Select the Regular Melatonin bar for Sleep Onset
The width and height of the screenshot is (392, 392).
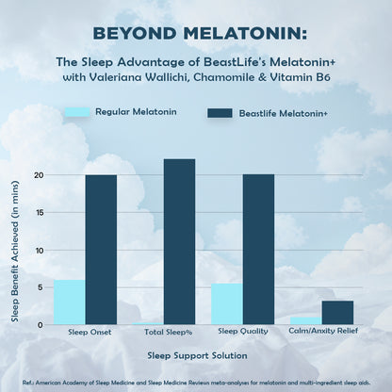pos(69,302)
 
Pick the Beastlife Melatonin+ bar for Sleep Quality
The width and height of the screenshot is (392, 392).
pos(258,250)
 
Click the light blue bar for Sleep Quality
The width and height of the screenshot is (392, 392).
pos(226,304)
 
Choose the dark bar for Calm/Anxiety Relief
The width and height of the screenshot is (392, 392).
pos(337,313)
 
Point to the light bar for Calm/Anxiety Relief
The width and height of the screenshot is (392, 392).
pos(305,321)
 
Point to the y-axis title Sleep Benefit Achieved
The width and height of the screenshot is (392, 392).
pos(16,250)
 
